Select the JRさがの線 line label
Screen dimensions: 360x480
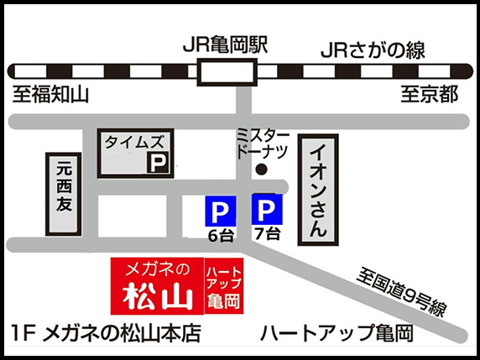point(371,50)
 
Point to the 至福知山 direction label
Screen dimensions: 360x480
point(50,94)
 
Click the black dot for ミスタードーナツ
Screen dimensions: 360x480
point(262,170)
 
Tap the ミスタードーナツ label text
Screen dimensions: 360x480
point(263,143)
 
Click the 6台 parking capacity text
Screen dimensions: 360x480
point(220,236)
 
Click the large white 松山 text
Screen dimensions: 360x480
point(158,296)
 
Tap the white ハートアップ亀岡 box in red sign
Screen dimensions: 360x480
point(222,287)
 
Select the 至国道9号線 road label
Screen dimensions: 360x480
point(399,290)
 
